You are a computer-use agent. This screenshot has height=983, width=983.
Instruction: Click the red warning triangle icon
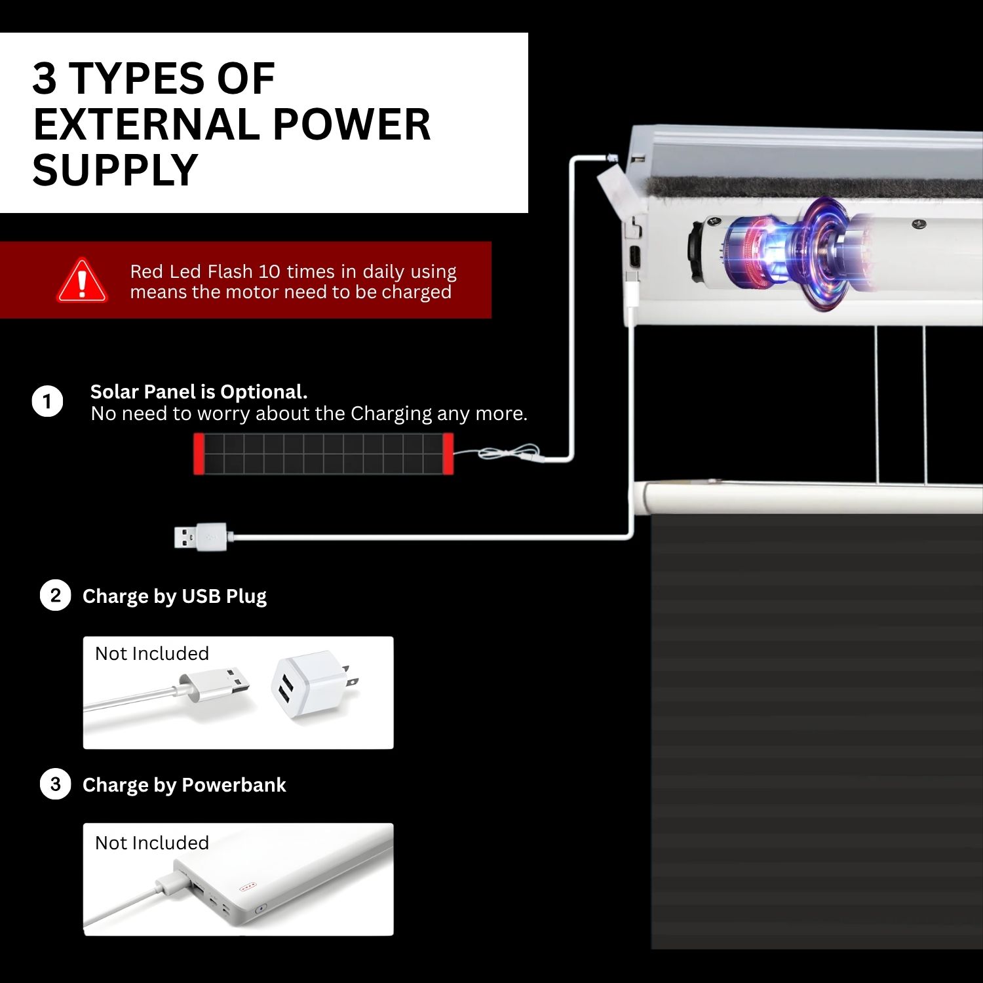82,280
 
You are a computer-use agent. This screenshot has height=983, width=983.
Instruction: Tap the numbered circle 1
47,401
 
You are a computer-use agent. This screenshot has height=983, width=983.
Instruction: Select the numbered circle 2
55,596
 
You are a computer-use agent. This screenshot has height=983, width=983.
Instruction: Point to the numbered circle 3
55,784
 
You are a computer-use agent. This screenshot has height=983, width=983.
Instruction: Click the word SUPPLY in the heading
115,170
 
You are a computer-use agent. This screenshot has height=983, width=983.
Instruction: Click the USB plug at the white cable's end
201,537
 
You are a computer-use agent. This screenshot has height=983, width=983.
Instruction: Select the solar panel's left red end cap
199,453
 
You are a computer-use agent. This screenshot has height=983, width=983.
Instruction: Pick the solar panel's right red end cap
448,453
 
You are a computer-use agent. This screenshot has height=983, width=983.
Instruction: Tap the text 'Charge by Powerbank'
184,784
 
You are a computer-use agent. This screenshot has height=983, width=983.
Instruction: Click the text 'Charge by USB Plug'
174,596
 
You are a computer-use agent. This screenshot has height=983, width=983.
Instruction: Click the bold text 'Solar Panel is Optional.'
199,391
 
